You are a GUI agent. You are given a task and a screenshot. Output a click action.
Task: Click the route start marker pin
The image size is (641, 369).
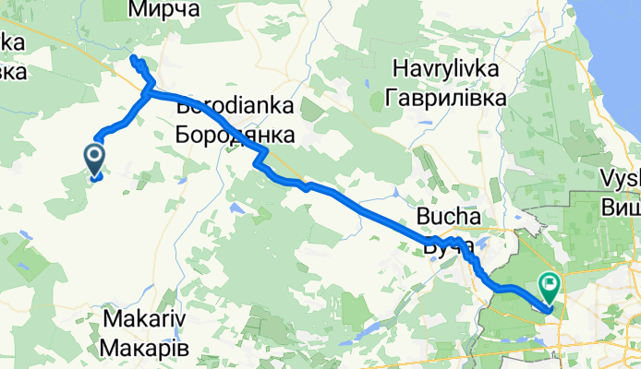pyautogui.click(x=95, y=159)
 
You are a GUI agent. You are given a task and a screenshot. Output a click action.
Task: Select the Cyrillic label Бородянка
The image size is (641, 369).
pyautogui.click(x=235, y=135)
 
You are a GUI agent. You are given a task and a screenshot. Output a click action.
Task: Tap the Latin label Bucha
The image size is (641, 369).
pyautogui.click(x=450, y=218)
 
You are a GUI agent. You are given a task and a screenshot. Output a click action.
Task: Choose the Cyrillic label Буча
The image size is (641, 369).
pyautogui.click(x=450, y=245)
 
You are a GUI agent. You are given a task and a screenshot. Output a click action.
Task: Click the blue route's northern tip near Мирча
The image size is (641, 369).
pyautogui.click(x=135, y=60)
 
